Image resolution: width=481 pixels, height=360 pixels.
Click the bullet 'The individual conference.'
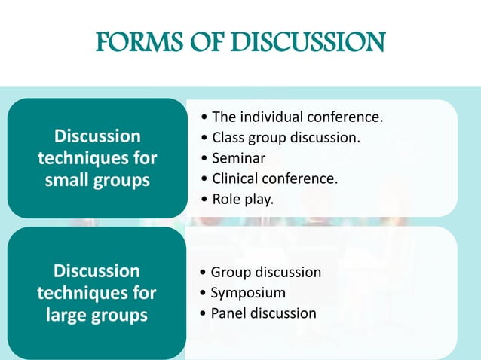point(298,117)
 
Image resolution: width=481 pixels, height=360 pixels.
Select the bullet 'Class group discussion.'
point(286,138)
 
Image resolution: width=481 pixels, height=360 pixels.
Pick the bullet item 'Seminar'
point(238,158)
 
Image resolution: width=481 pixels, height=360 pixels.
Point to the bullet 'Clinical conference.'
point(275,178)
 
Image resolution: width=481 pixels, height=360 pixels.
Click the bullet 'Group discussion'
point(266,272)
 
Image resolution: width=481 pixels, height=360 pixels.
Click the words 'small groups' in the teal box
point(97,181)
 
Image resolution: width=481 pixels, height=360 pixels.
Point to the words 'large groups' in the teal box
point(97,315)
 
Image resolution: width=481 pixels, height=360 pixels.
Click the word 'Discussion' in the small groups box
point(97,136)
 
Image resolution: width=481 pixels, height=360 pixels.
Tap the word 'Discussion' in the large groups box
point(97,270)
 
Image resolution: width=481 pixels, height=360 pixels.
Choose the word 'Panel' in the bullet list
point(228,313)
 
